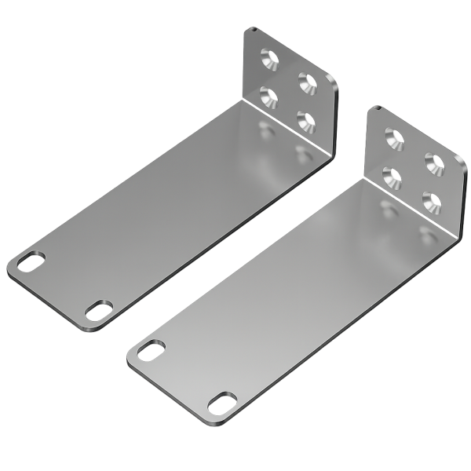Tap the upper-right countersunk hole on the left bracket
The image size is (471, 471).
(305, 79)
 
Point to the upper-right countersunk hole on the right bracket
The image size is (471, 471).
(431, 162)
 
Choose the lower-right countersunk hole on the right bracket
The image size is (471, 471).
(430, 200)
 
